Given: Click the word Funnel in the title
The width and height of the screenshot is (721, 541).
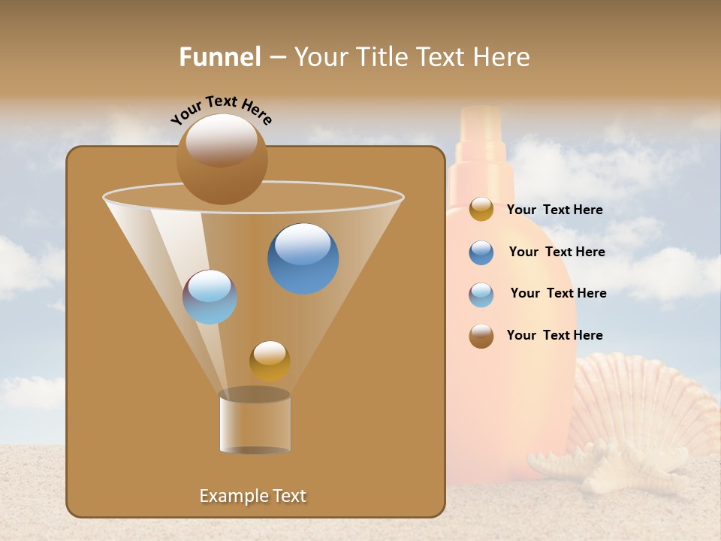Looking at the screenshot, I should click(219, 57).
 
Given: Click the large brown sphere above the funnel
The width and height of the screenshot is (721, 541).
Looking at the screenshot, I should click(222, 159).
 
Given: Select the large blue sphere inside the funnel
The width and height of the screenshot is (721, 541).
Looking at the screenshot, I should click(303, 258).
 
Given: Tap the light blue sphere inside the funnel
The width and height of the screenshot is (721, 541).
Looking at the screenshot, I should click(210, 297).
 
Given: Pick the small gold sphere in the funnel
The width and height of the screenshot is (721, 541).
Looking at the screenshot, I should click(270, 361).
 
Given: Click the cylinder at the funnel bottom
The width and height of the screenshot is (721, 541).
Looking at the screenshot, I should click(255, 422).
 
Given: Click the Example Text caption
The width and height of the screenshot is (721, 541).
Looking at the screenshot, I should click(253, 496).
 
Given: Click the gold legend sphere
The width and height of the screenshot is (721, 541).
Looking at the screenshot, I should click(481, 210).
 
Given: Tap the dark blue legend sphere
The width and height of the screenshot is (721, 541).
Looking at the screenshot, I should click(481, 252).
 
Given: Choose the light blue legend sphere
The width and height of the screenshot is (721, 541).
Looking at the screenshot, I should click(481, 295).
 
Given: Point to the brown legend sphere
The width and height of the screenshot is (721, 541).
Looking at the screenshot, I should click(481, 336).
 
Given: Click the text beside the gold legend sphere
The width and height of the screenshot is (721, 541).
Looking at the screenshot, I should click(554, 210).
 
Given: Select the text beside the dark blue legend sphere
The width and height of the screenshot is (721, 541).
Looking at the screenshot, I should click(557, 252).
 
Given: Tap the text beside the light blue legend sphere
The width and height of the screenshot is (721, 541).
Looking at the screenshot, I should click(558, 294).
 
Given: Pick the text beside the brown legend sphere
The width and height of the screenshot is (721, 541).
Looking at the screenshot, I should click(554, 336).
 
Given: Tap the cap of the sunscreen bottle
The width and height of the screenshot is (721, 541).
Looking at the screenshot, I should click(481, 135).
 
